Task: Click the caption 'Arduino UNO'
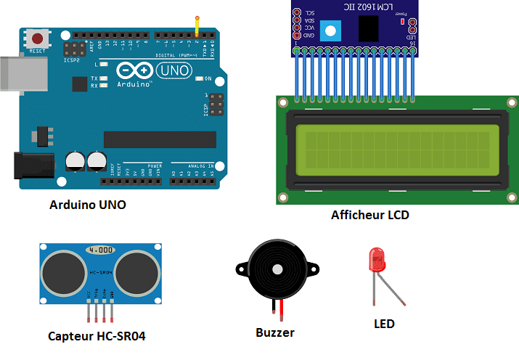(x=87, y=205)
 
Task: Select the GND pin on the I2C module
(x=297, y=36)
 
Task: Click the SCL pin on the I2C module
(x=297, y=12)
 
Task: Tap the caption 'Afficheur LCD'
(x=370, y=215)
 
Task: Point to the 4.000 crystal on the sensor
(x=100, y=250)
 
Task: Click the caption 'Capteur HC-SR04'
(x=101, y=336)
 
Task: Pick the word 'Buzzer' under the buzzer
(x=275, y=332)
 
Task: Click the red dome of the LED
(x=378, y=259)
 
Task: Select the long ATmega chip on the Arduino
(x=160, y=139)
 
